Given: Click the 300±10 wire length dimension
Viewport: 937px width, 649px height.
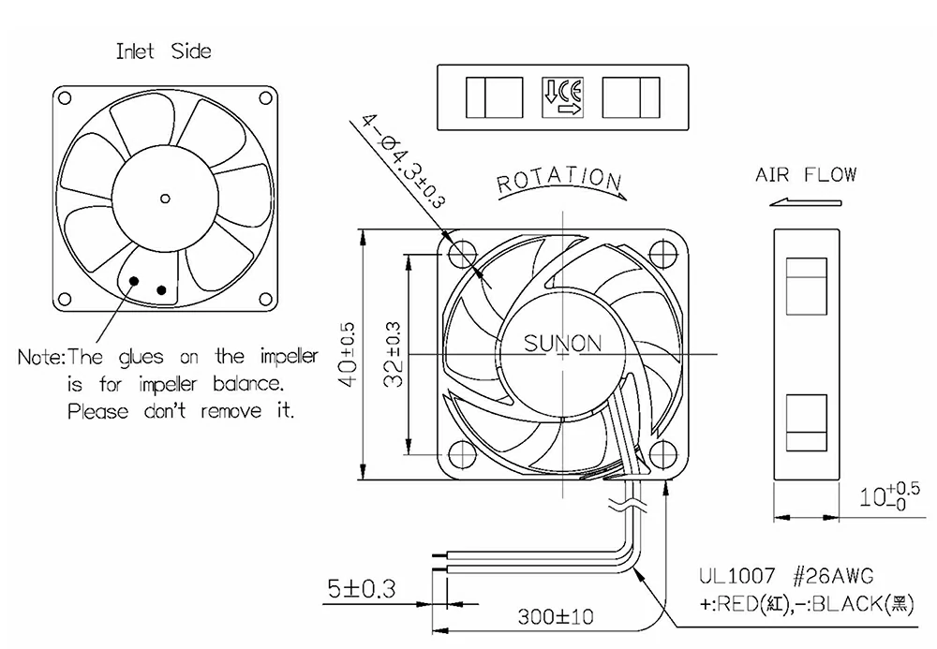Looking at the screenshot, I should pyautogui.click(x=555, y=617).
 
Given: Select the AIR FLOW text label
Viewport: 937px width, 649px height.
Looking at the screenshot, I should pyautogui.click(x=806, y=175).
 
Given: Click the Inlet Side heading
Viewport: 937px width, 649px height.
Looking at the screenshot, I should pyautogui.click(x=163, y=51).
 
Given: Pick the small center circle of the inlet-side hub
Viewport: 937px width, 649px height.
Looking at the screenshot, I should pyautogui.click(x=165, y=197).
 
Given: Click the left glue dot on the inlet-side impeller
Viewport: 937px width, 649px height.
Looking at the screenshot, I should pyautogui.click(x=135, y=280).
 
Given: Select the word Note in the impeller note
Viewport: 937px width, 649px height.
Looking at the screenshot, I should pyautogui.click(x=39, y=357).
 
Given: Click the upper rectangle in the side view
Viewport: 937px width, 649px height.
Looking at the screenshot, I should pyautogui.click(x=806, y=285).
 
